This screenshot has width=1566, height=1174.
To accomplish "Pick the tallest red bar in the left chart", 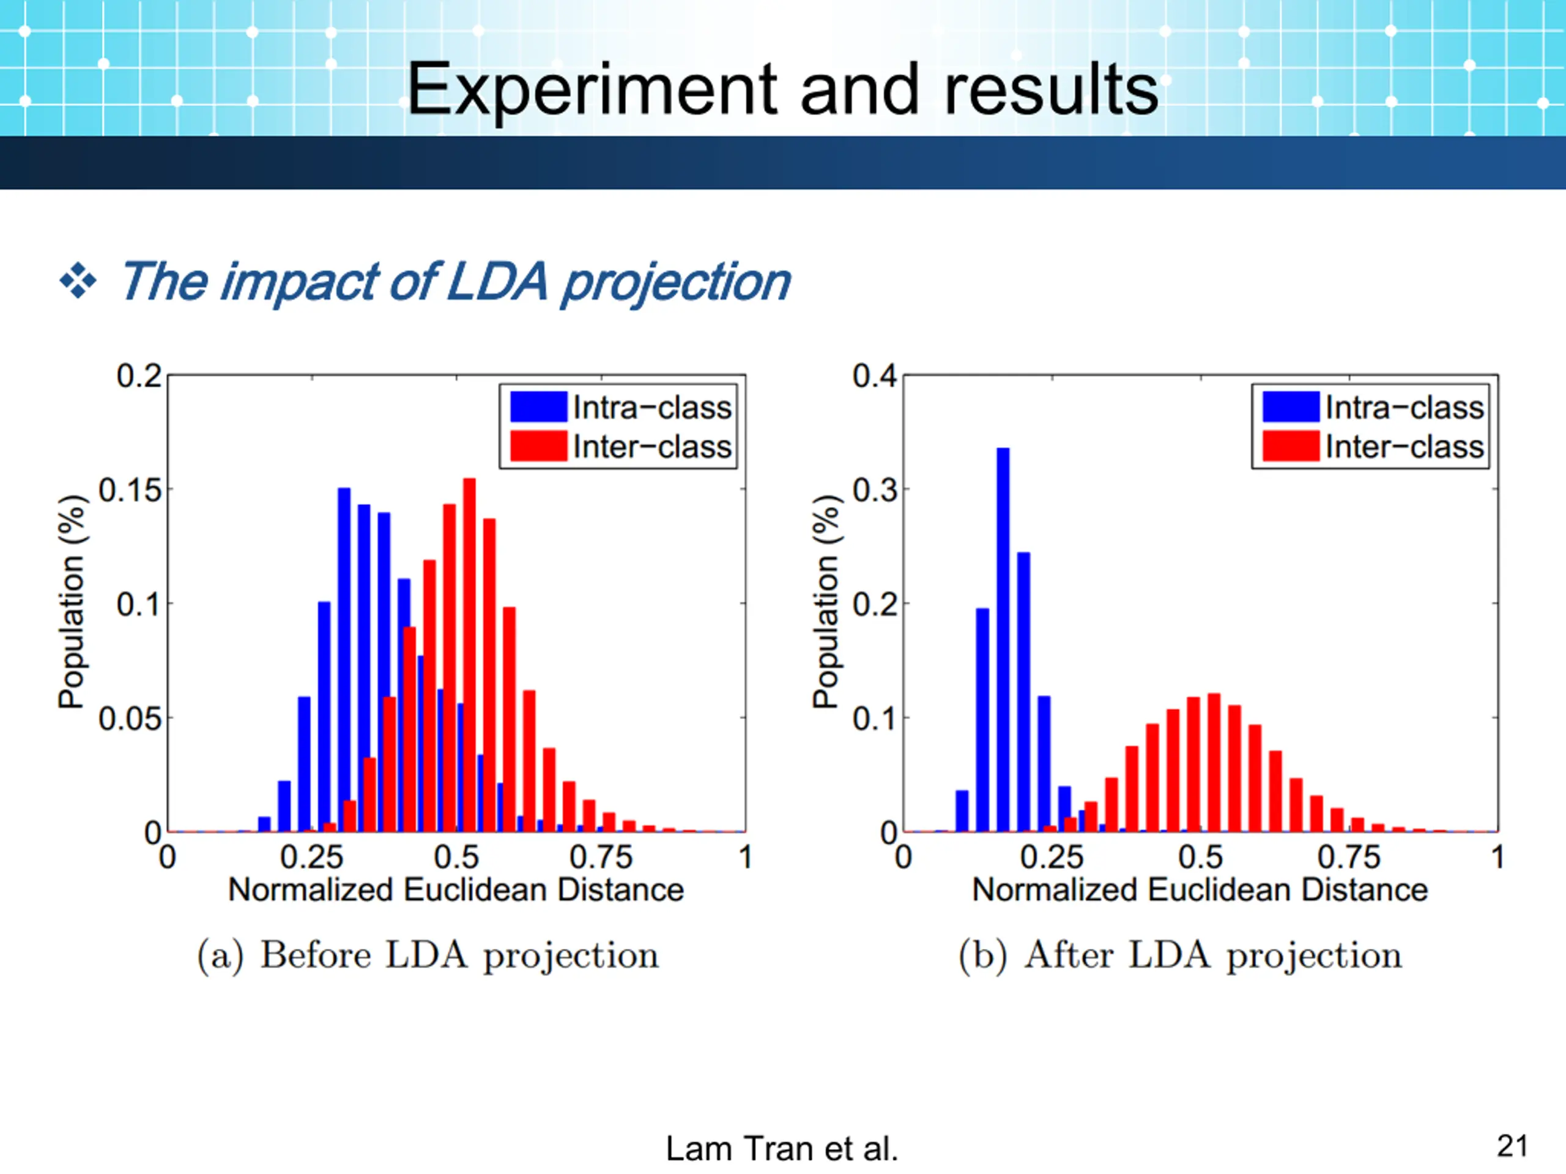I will [469, 655].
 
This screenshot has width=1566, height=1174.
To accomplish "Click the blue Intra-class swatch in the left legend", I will [538, 407].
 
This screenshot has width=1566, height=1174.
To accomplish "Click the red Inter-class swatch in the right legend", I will [1290, 446].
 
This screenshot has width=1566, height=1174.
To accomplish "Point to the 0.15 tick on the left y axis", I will [130, 490].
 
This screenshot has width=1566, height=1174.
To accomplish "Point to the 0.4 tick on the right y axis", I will [874, 376].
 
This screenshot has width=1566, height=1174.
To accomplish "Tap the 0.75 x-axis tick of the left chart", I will [600, 857].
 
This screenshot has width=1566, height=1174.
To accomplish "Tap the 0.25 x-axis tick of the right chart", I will [1052, 857].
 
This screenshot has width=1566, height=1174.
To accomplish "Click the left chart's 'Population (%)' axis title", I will [71, 602].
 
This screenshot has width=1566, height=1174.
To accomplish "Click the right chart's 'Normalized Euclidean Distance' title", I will [1200, 890].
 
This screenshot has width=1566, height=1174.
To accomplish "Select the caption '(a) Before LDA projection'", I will [428, 955].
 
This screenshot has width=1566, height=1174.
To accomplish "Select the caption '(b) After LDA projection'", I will [1179, 955].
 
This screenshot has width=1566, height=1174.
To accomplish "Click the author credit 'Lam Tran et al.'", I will [782, 1148].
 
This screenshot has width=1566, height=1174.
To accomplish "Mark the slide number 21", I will [1512, 1146].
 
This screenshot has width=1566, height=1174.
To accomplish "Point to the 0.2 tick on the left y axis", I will [139, 376].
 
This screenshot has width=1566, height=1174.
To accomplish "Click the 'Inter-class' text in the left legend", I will [651, 446].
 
